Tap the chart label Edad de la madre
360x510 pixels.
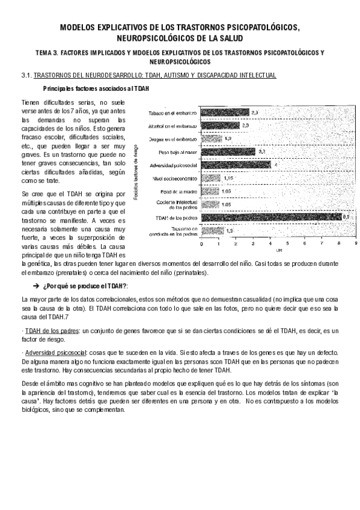178,191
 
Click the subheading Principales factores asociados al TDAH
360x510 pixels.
96,89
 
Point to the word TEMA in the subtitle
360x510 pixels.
44,53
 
